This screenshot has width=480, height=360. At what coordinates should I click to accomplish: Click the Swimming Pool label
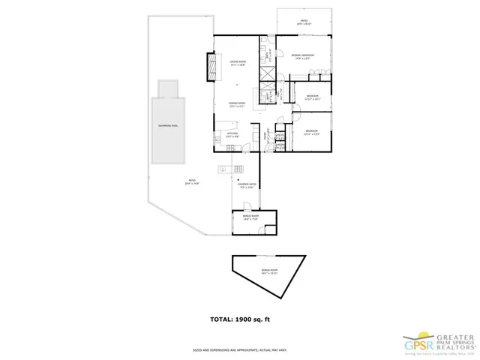click(x=168, y=125)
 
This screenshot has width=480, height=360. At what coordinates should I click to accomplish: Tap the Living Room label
click(x=238, y=64)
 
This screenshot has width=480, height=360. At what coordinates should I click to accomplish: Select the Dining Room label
click(x=238, y=104)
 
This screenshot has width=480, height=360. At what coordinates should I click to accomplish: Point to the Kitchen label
click(x=232, y=135)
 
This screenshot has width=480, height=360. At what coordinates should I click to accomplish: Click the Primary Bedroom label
click(x=302, y=55)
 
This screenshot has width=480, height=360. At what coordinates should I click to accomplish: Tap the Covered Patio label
click(x=248, y=186)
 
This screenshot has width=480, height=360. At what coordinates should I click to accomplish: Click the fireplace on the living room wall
click(x=211, y=68)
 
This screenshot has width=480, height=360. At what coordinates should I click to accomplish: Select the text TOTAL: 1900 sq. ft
click(x=240, y=319)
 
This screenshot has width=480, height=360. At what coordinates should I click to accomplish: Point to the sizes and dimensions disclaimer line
click(x=240, y=349)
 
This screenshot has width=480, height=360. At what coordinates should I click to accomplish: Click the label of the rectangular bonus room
click(x=251, y=219)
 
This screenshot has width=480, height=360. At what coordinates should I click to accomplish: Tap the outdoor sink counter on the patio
click(x=232, y=169)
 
